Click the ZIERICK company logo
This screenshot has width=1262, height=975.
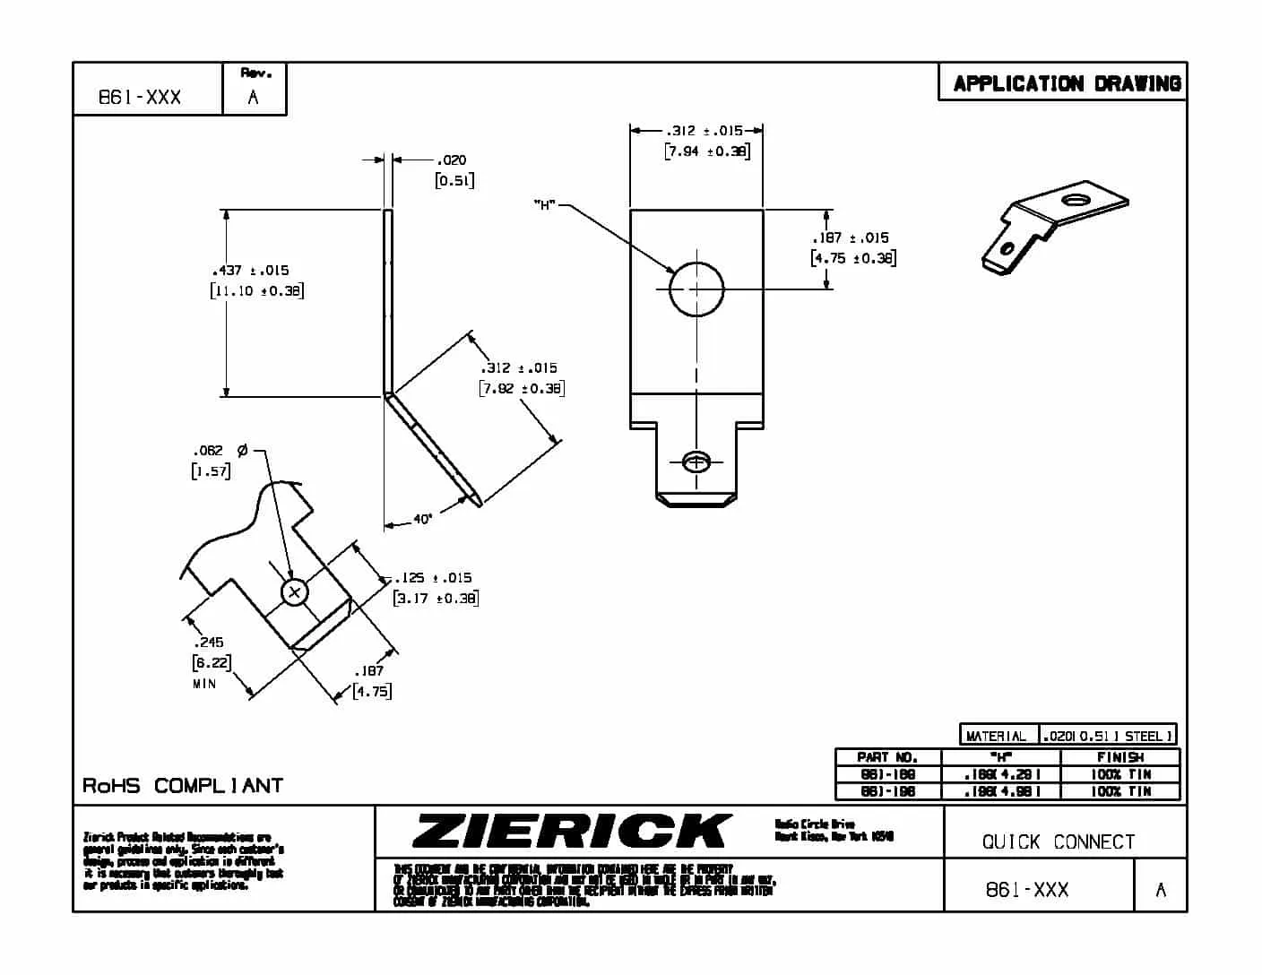tap(571, 831)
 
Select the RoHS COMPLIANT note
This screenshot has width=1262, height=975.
tap(183, 786)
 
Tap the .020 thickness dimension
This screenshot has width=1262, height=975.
tap(453, 160)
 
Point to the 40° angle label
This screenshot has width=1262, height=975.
tap(422, 519)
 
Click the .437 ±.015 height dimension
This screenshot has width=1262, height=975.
tap(250, 270)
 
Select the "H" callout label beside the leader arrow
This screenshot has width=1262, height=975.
tap(544, 205)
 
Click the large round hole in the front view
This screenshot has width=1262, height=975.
tap(696, 289)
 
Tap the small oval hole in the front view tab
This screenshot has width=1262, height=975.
tap(696, 462)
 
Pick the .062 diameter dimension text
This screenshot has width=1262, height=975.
tap(209, 450)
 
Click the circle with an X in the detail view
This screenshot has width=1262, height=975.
tap(295, 592)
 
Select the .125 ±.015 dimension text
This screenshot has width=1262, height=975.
tap(433, 578)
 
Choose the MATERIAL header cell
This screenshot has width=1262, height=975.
tap(998, 736)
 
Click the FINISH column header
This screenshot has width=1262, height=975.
tap(1119, 757)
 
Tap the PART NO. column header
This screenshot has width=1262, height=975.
tap(887, 757)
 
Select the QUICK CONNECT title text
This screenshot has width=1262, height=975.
tap(1059, 842)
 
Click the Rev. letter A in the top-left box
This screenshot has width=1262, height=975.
tap(253, 98)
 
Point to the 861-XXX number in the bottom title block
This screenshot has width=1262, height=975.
tap(1027, 890)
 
